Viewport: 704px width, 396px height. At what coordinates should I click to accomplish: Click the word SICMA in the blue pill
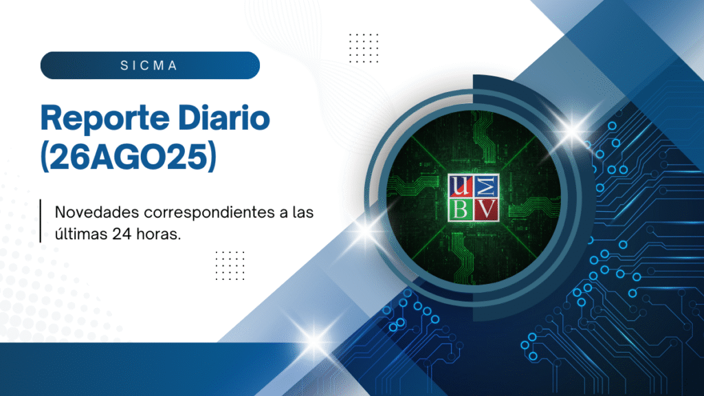pyautogui.click(x=149, y=65)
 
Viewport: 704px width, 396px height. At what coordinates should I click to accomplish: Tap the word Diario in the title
pyautogui.click(x=224, y=118)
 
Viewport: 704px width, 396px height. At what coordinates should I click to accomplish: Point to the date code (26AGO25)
pyautogui.click(x=129, y=157)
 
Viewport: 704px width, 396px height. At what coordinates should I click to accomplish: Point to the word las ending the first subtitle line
pyautogui.click(x=302, y=212)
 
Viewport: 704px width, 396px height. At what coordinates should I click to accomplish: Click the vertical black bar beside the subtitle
pyautogui.click(x=41, y=221)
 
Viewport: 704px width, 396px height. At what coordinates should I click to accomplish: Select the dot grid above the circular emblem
pyautogui.click(x=364, y=48)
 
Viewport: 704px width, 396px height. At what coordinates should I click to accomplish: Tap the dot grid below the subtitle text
pyautogui.click(x=230, y=266)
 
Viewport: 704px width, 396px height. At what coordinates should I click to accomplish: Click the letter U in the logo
pyautogui.click(x=460, y=186)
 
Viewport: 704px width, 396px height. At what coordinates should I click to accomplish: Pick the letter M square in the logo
pyautogui.click(x=486, y=186)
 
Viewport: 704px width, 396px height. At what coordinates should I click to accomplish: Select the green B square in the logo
pyautogui.click(x=460, y=209)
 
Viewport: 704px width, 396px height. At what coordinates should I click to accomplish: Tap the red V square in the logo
pyautogui.click(x=486, y=209)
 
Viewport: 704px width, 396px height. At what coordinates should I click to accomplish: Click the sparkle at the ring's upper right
pyautogui.click(x=573, y=131)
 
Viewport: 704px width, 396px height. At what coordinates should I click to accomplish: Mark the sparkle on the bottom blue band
pyautogui.click(x=315, y=340)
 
